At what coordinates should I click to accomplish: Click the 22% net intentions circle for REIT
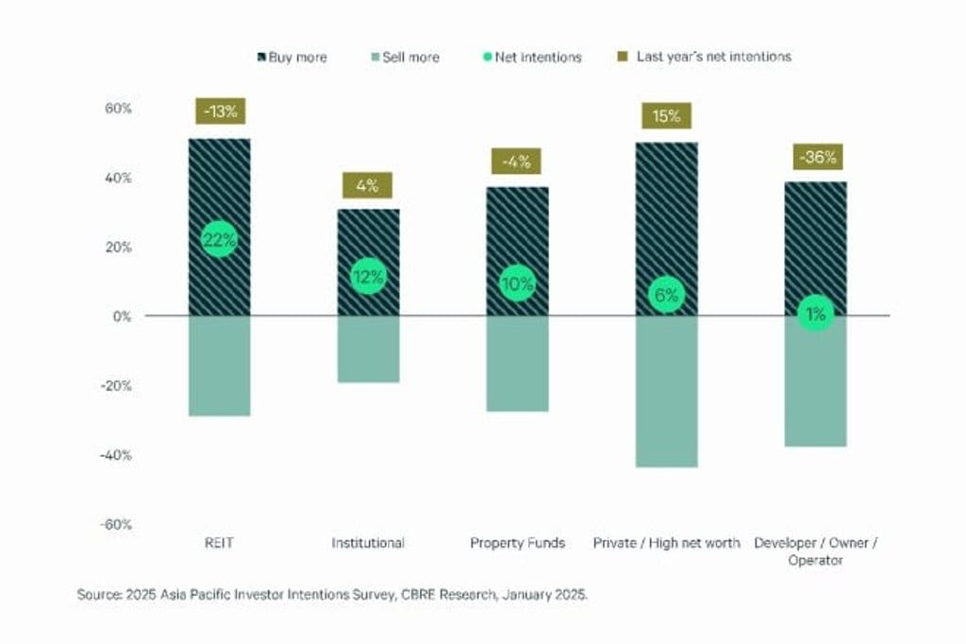click(219, 240)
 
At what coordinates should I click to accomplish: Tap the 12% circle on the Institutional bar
click(368, 277)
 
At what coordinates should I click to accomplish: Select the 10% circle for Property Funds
click(517, 283)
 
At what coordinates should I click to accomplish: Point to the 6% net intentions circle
click(666, 295)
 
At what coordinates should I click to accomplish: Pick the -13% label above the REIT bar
click(220, 111)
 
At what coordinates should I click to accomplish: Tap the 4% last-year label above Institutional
click(368, 186)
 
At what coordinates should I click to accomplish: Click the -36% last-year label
click(816, 158)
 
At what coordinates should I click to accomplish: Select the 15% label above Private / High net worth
click(666, 116)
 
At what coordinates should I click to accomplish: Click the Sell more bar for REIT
click(219, 365)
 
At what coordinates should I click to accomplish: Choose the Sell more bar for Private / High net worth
click(666, 391)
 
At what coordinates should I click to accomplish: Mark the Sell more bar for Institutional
click(368, 348)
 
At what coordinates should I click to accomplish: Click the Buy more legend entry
click(291, 57)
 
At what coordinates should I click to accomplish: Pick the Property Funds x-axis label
click(517, 543)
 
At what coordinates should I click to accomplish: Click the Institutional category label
click(368, 543)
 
